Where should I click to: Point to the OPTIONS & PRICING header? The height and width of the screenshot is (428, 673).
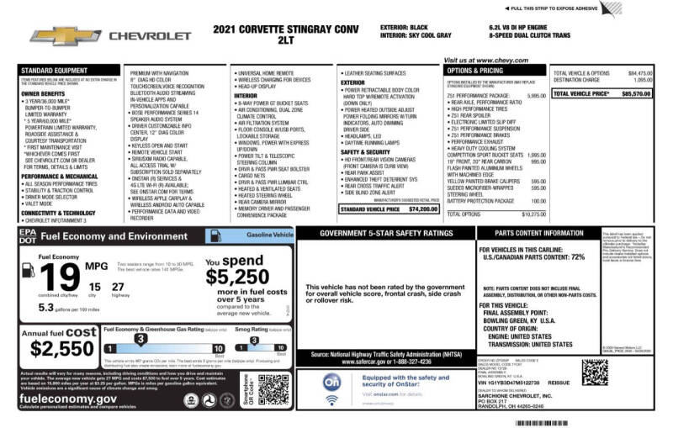(x=475, y=71)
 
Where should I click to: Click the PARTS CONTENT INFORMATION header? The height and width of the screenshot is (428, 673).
(x=540, y=233)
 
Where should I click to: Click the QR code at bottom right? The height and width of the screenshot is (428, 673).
(x=595, y=372)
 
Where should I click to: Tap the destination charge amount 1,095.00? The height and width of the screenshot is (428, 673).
(x=641, y=80)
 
